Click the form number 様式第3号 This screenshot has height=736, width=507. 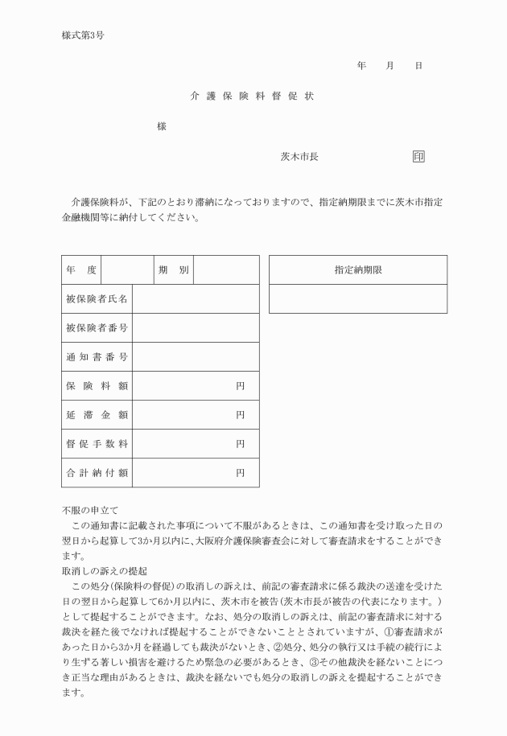(x=83, y=35)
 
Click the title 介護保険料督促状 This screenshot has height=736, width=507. (x=252, y=97)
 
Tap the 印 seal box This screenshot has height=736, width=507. (x=418, y=156)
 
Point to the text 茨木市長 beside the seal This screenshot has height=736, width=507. (x=299, y=156)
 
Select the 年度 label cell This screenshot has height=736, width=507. (x=81, y=270)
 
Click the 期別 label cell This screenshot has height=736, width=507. (x=174, y=270)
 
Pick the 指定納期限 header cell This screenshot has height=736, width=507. (x=358, y=270)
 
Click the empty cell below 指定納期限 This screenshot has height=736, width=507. (x=358, y=298)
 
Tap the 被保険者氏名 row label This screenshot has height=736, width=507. (x=97, y=299)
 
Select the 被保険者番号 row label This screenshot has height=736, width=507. (x=97, y=328)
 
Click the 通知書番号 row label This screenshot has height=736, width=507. (x=97, y=357)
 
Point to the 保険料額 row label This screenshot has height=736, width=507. (x=97, y=386)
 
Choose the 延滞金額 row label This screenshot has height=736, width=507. (x=97, y=415)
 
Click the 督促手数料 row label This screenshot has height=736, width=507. (x=97, y=444)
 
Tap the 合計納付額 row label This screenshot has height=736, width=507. (x=97, y=473)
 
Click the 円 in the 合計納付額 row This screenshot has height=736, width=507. (x=240, y=473)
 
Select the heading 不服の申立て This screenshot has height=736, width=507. (x=90, y=510)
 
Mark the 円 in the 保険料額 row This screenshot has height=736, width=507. (x=240, y=386)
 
